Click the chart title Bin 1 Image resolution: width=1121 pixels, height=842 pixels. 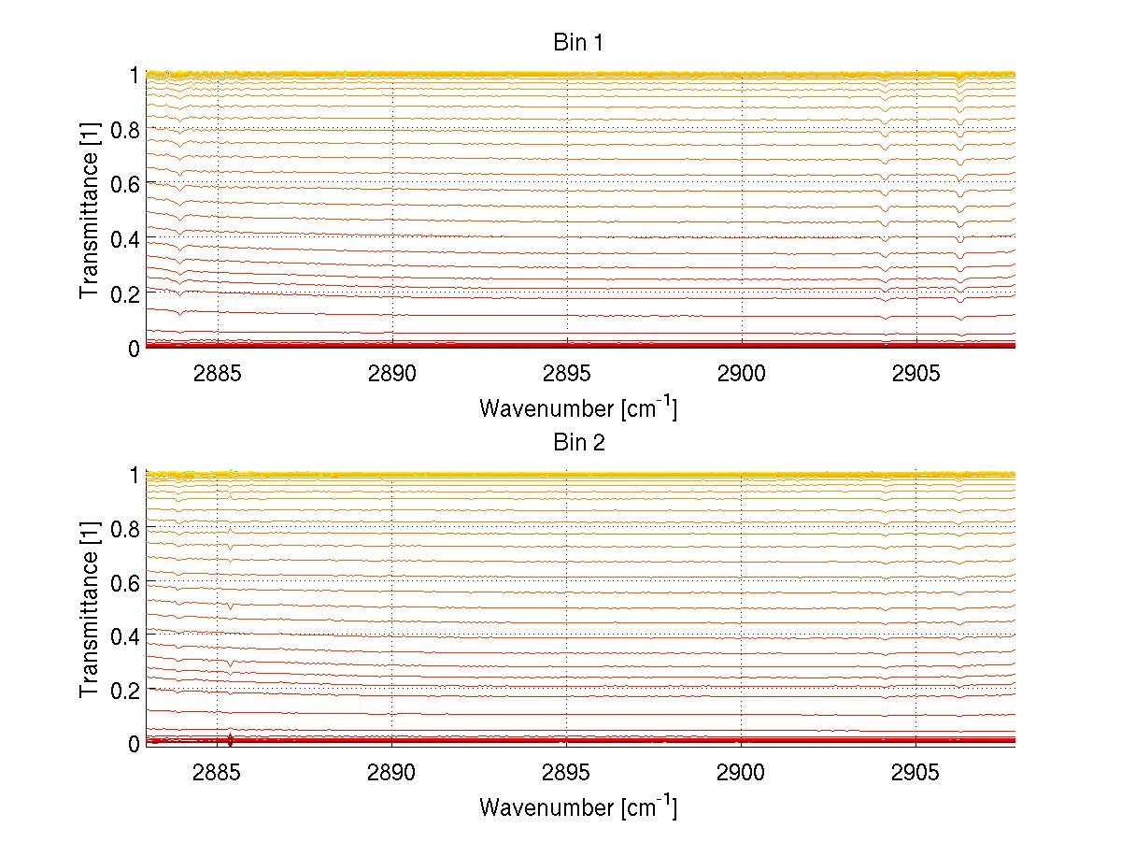579,43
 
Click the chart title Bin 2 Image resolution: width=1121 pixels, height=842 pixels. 579,442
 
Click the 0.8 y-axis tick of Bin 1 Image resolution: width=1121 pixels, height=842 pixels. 125,130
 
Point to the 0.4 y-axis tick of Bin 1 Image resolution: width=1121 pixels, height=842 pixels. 125,239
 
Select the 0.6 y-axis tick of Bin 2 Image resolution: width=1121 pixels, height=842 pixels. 125,582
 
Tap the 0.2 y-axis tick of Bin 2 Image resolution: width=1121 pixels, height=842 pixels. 125,690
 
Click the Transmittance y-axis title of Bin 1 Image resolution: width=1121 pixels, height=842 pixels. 89,211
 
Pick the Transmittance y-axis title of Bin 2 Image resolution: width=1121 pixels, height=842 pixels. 89,609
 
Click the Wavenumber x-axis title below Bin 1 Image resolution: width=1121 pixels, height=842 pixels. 578,407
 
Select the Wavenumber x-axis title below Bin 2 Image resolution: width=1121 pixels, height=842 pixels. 578,806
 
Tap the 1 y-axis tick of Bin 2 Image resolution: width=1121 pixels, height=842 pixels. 134,475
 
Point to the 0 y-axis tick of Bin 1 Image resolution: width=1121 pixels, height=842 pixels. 134,349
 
